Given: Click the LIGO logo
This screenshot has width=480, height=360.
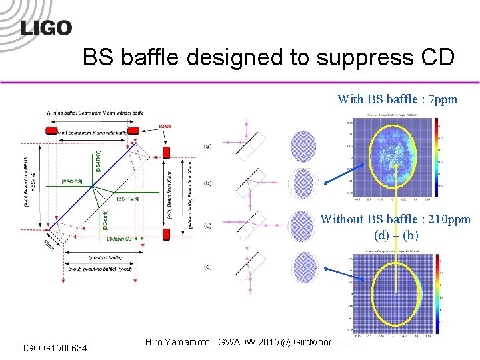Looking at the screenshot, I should point(45,27).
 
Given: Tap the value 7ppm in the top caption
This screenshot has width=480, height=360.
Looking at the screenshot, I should point(442,99).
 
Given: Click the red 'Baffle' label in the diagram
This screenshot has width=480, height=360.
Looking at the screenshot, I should point(165,125).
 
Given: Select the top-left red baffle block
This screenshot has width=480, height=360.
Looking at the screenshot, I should point(52,131).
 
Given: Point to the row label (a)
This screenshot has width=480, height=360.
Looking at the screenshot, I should point(208,145).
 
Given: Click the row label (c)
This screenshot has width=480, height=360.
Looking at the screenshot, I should point(208,226).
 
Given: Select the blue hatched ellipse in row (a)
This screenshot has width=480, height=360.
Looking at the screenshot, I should point(305,145).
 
